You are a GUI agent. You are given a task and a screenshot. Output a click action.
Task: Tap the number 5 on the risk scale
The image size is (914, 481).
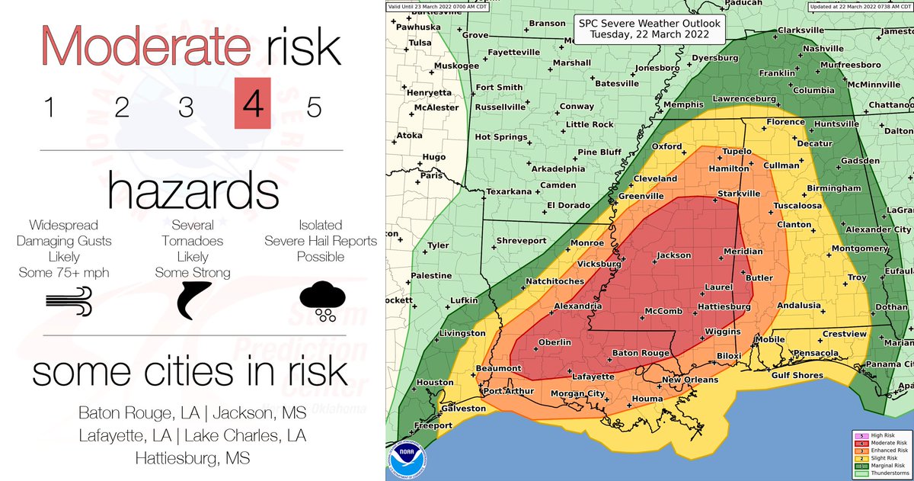[314, 107]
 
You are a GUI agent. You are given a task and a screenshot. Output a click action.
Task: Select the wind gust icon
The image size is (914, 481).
[69, 303]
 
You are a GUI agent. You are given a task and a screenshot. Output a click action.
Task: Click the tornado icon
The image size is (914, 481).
[192, 300]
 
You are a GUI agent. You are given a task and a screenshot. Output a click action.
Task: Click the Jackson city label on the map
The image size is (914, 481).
[673, 255]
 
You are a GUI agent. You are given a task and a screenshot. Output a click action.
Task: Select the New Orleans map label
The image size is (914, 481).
[689, 380]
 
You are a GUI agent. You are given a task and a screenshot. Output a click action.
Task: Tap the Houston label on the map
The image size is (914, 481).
[435, 382]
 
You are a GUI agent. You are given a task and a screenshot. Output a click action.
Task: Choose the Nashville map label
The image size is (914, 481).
[823, 48]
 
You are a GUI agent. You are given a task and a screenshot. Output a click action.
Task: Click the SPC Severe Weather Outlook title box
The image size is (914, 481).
[649, 29]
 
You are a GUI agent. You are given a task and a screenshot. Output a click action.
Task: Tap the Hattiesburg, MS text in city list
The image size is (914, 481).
[192, 459]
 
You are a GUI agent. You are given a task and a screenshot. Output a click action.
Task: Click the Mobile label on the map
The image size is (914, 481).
[771, 339]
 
